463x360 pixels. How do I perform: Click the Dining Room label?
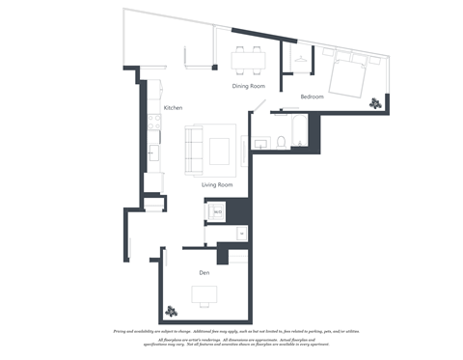point(248,86)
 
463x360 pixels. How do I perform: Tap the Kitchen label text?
point(173,107)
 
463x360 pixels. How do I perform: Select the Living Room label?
point(217,184)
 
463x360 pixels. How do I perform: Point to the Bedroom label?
point(312,97)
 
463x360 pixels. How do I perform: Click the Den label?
point(204,273)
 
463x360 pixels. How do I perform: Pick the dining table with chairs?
point(248,61)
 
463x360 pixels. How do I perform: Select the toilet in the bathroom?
point(280,142)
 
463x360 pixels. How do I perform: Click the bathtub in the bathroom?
point(299,131)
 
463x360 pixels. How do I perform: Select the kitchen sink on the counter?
point(152,152)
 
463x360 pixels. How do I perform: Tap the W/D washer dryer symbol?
point(218,210)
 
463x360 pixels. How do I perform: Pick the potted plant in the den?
point(173,311)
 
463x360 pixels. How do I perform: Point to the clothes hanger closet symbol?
point(302,60)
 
